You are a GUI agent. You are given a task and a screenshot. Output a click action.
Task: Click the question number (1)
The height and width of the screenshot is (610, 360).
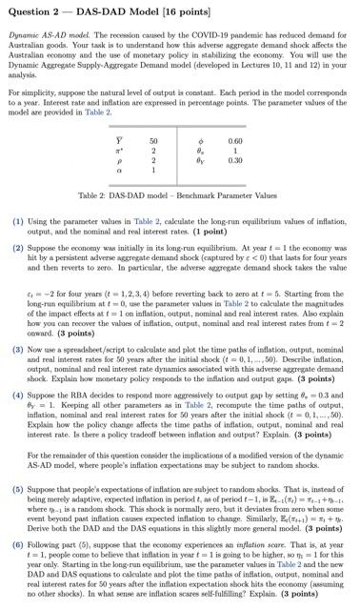tap(18, 221)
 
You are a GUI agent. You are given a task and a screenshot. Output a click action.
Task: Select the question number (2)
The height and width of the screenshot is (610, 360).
tap(18, 247)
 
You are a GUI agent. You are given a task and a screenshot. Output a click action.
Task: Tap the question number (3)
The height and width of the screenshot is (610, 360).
tap(18, 350)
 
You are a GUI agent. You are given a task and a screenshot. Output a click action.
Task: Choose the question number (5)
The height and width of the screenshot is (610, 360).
tap(18, 498)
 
